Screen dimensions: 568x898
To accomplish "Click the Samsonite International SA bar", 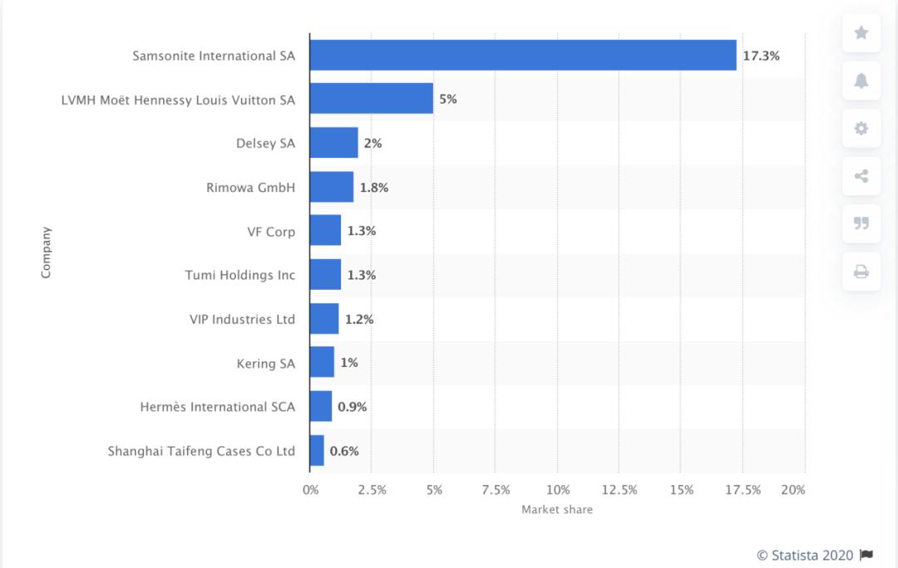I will pyautogui.click(x=522, y=55).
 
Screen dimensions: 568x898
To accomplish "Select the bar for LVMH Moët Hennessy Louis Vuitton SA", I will pyautogui.click(x=371, y=99).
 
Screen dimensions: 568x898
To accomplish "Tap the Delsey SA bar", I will pyautogui.click(x=333, y=143).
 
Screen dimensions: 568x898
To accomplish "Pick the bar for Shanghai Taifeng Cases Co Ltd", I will pyautogui.click(x=317, y=451).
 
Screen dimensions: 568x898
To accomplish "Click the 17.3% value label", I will pyautogui.click(x=761, y=56).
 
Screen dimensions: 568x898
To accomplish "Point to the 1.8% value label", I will pyautogui.click(x=373, y=188).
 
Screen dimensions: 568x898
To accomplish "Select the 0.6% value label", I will pyautogui.click(x=344, y=452).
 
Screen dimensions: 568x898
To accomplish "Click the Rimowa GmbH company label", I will pyautogui.click(x=250, y=188).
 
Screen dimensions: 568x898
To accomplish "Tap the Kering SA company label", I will pyautogui.click(x=266, y=363).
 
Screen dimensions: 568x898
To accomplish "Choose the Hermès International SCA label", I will pyautogui.click(x=218, y=407).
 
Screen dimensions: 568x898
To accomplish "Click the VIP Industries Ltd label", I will pyautogui.click(x=242, y=319).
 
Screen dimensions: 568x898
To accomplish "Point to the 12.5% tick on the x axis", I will pyautogui.click(x=619, y=490).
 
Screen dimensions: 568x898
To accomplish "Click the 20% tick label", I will pyautogui.click(x=794, y=490).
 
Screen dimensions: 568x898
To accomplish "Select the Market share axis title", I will pyautogui.click(x=557, y=510).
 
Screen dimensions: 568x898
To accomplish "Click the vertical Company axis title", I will pyautogui.click(x=46, y=252).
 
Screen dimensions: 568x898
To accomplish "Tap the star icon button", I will pyautogui.click(x=861, y=32).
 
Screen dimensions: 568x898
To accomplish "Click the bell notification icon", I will pyautogui.click(x=861, y=81).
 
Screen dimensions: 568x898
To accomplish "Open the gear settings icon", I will pyautogui.click(x=861, y=129).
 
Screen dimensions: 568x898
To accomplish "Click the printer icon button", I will pyautogui.click(x=861, y=272).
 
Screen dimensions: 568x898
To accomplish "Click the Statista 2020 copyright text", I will pyautogui.click(x=805, y=555).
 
